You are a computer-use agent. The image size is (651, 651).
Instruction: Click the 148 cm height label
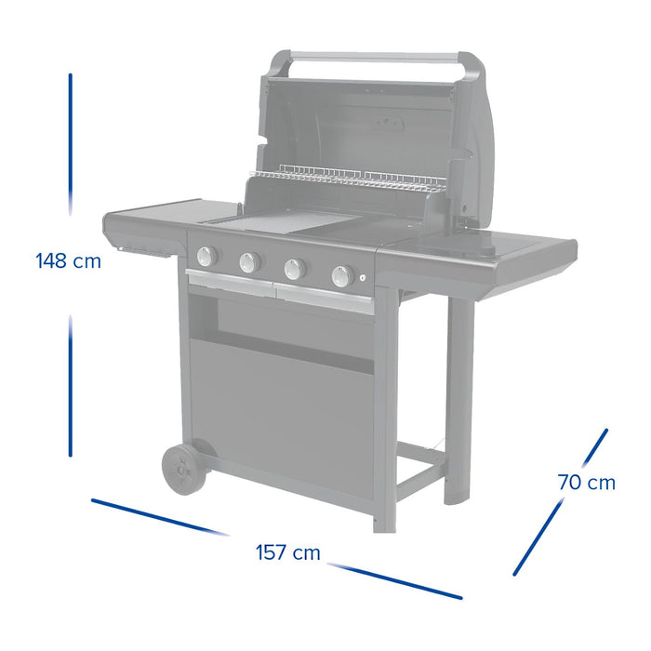click(x=68, y=261)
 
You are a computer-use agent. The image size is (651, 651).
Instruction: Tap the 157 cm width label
click(x=287, y=553)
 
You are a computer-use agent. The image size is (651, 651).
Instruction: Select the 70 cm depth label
click(x=587, y=483)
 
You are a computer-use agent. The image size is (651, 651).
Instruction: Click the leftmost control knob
click(x=206, y=257)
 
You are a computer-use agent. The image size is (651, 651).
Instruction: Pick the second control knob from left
click(x=249, y=263)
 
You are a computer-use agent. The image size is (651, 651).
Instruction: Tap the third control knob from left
click(x=294, y=270)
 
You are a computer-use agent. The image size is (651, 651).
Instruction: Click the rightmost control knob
click(x=341, y=276)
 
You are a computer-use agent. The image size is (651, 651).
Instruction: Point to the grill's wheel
click(x=182, y=469)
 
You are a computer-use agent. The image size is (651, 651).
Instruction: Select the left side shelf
click(x=149, y=221)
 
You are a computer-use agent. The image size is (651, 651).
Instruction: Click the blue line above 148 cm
click(x=70, y=139)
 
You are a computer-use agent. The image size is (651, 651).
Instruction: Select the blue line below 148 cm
click(x=70, y=386)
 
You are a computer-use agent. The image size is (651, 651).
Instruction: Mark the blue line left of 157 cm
click(x=158, y=517)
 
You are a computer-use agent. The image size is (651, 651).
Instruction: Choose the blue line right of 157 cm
click(x=394, y=580)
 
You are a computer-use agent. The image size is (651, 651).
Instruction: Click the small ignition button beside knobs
click(x=362, y=279)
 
